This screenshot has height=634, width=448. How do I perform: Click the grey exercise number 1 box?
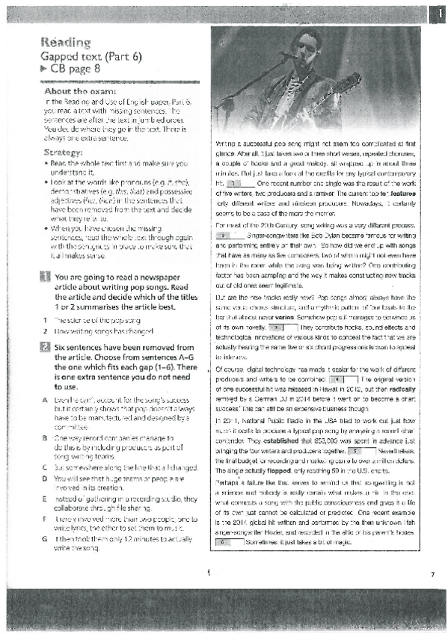(46, 256)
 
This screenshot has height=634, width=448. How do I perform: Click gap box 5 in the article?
(355, 431)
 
